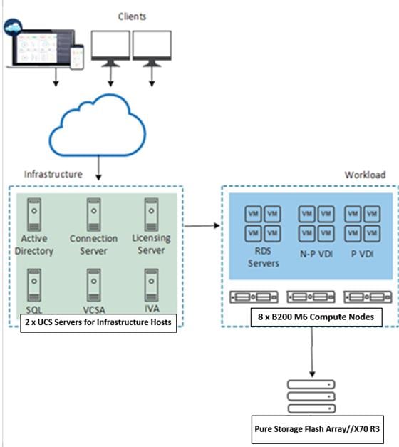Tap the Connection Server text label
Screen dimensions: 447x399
pos(93,245)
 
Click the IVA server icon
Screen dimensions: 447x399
pos(150,284)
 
